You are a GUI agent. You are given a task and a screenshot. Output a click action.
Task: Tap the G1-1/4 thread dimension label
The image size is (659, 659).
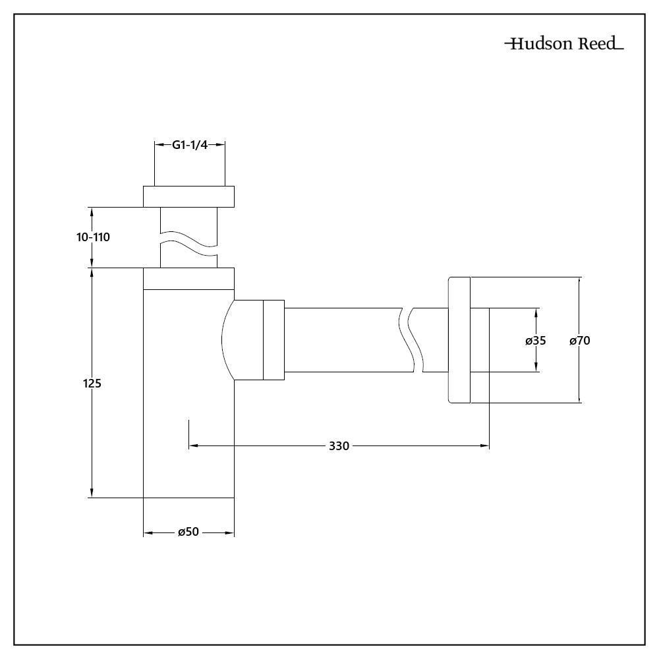190,146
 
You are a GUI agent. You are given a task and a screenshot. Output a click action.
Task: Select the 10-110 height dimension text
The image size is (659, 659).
92,237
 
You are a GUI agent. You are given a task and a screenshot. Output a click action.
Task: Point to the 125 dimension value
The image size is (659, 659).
92,383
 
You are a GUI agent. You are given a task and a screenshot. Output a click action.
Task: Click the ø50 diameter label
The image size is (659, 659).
188,532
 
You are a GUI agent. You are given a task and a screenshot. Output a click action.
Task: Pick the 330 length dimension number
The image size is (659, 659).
339,446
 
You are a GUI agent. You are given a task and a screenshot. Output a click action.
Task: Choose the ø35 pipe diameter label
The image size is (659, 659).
536,341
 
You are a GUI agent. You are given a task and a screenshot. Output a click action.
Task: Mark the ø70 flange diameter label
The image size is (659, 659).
580,341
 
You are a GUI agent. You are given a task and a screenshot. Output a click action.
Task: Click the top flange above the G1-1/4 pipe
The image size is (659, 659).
189,196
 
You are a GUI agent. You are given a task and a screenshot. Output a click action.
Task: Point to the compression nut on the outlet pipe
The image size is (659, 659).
273,339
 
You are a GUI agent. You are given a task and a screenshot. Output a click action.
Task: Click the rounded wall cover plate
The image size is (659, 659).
459,339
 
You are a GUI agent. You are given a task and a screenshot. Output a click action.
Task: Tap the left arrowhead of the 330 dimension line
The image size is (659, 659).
193,446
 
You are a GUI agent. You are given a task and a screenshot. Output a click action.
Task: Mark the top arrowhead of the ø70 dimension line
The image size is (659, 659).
580,282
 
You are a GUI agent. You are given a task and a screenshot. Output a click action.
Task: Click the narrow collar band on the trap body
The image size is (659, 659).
189,279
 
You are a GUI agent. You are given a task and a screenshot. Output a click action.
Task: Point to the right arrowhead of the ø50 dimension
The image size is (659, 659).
230,532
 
